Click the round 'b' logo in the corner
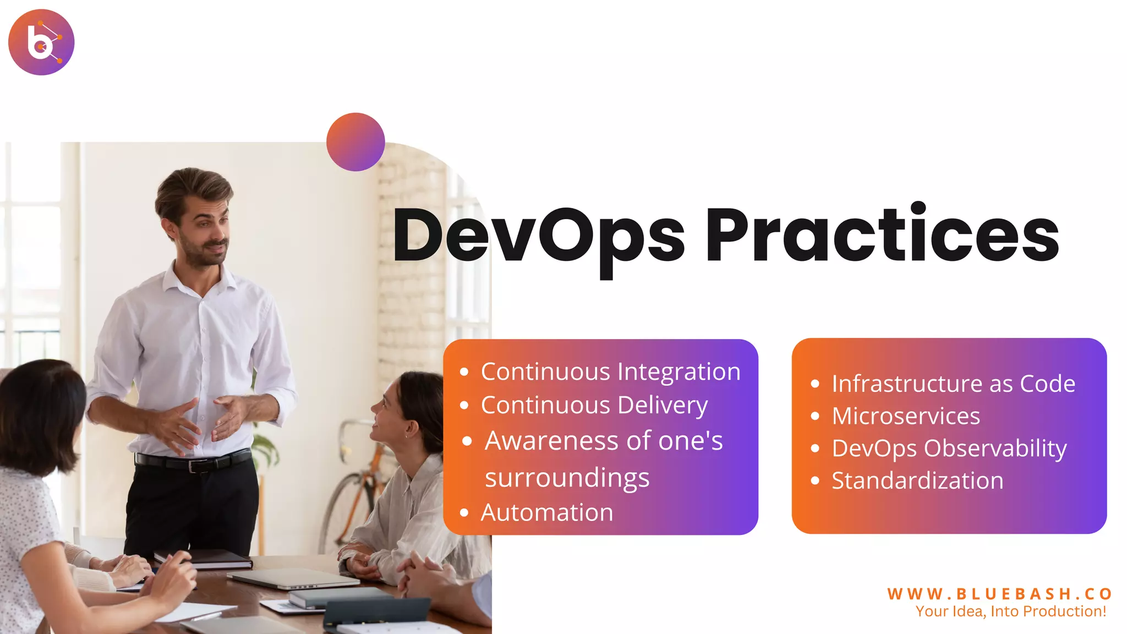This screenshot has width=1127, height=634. [x=41, y=42]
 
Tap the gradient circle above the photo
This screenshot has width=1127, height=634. [x=355, y=142]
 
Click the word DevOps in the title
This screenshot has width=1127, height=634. [x=538, y=236]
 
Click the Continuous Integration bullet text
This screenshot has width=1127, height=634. [x=610, y=372]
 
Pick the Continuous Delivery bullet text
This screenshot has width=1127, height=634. [x=594, y=406]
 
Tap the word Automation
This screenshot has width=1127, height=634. [x=547, y=513]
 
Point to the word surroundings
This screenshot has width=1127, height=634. [x=567, y=478]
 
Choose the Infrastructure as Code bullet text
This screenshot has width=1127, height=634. [x=953, y=384]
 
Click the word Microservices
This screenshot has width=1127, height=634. [x=906, y=416]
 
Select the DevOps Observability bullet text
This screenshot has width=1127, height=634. [x=949, y=449]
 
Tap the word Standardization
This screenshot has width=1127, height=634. [x=917, y=480]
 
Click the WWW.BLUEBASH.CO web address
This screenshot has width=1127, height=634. [x=999, y=594]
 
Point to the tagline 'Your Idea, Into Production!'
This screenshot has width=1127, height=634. [x=1010, y=611]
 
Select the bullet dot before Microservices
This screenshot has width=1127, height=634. [x=815, y=416]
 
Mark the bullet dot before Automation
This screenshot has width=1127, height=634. [x=464, y=513]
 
